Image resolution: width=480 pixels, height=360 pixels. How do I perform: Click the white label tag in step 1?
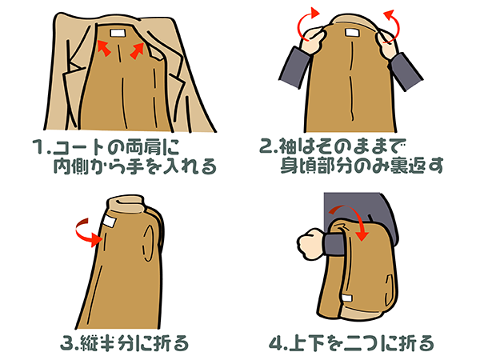pos(118,33)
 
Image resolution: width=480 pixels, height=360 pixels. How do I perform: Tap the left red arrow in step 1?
pos(103,48)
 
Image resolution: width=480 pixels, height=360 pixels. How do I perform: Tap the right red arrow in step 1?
pos(137,50)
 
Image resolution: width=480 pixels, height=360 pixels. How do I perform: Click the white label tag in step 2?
pos(354,32)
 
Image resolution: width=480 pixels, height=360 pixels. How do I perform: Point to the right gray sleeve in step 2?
pos(406,71)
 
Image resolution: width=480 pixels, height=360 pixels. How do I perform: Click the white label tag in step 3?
pos(108,221)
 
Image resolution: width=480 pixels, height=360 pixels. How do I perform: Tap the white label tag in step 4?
pos(347,298)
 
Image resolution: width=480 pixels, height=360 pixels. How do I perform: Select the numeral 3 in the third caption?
pos(66,343)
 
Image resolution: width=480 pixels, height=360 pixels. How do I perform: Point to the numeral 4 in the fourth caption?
pos(276,343)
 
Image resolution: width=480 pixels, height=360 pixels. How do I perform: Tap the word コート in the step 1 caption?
pos(79,147)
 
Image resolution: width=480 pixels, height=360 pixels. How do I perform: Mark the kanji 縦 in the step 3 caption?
pos(90,343)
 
